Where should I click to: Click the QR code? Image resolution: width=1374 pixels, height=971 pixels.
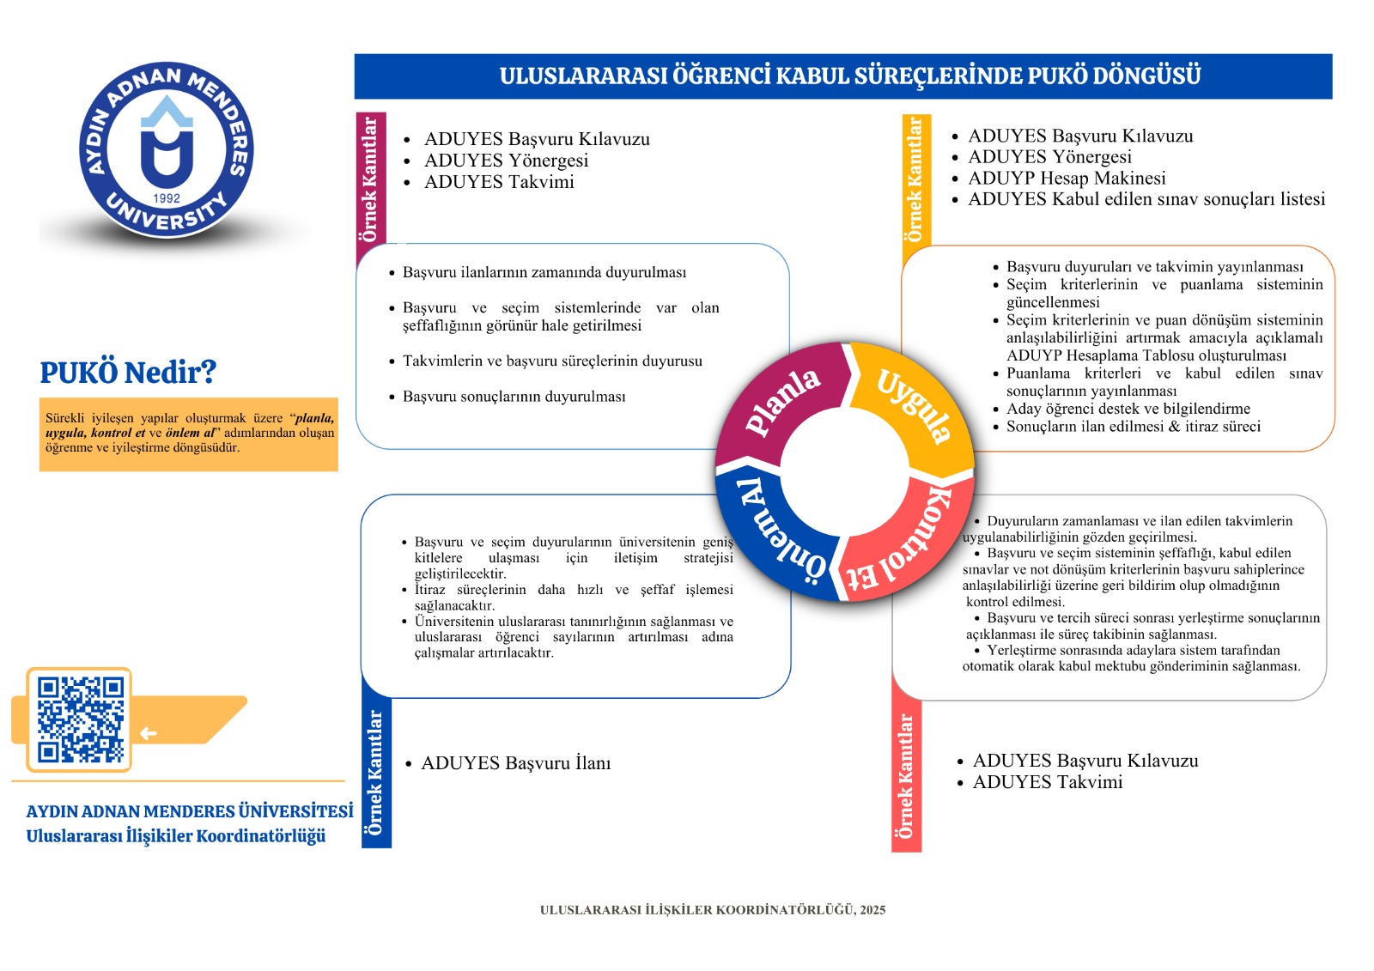pos(80,719)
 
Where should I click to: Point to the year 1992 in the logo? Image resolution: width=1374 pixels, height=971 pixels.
pos(167,198)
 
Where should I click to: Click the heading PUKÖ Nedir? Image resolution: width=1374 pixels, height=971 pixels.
pos(128,373)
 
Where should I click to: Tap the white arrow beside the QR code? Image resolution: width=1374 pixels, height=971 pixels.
pos(149,733)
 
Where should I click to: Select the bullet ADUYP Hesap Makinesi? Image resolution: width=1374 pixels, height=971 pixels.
pos(1067,178)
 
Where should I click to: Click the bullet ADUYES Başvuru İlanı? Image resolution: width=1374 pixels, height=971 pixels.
pos(515,763)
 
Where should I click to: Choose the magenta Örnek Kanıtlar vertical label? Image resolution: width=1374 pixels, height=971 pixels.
pos(370,179)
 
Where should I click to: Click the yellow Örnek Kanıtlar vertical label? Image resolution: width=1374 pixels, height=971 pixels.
pos(915,179)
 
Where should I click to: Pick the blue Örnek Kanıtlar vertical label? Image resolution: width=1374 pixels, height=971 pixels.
pos(375,773)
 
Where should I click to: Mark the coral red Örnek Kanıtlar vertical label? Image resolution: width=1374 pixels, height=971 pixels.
pos(906,777)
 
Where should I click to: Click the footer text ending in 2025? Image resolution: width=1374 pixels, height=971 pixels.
pos(713,910)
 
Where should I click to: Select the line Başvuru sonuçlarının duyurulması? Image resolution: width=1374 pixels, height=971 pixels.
pos(514,397)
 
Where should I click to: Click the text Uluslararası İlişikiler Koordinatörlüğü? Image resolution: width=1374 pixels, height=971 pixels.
pos(176,836)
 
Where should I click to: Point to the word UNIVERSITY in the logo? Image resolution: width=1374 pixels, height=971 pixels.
pos(167,218)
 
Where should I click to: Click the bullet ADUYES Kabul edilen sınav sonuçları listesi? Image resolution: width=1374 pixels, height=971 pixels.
pos(1146,199)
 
